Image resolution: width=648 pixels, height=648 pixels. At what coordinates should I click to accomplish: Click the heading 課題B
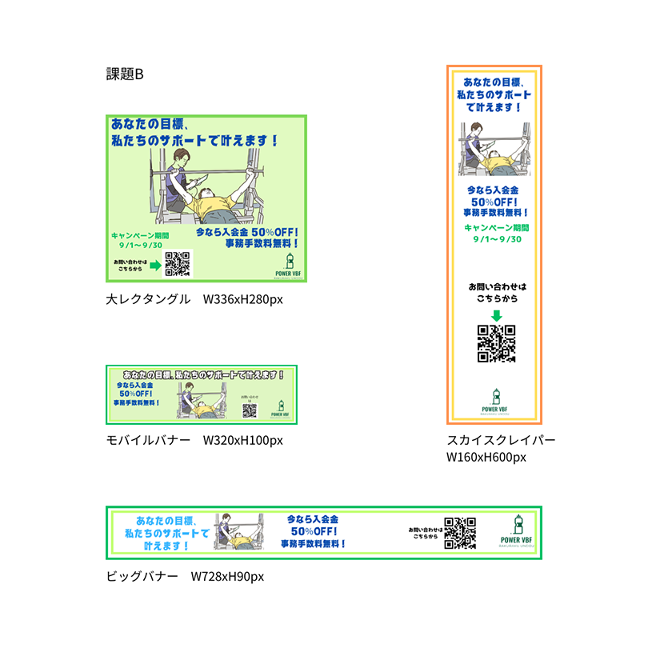pos(125,74)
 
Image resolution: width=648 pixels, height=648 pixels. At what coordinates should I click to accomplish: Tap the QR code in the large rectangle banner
pos(178,264)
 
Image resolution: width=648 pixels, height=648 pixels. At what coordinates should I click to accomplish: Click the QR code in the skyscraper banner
pos(495,343)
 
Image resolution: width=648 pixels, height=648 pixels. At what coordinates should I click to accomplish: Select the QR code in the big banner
pos(460,533)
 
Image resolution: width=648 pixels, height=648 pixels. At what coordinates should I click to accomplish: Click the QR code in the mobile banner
pos(250,410)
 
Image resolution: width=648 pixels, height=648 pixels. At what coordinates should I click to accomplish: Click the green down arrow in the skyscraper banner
pos(495,315)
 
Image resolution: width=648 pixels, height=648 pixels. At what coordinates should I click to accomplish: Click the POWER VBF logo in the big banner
pos(518,531)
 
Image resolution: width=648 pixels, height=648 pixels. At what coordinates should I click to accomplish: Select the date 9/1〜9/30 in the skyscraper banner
pos(496,239)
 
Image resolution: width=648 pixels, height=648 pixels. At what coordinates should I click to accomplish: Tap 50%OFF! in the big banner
pos(314,531)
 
